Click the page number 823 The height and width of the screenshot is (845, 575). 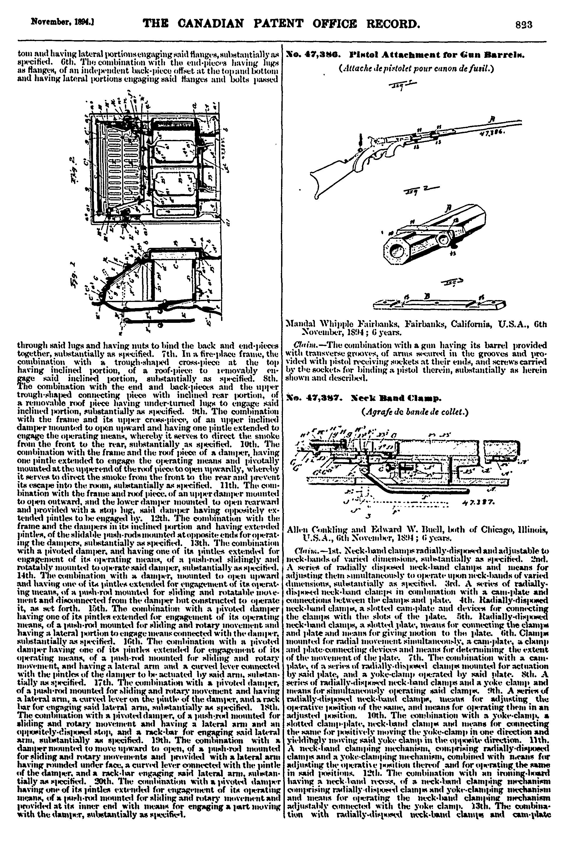pos(524,25)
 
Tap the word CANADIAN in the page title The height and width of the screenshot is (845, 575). pos(212,24)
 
